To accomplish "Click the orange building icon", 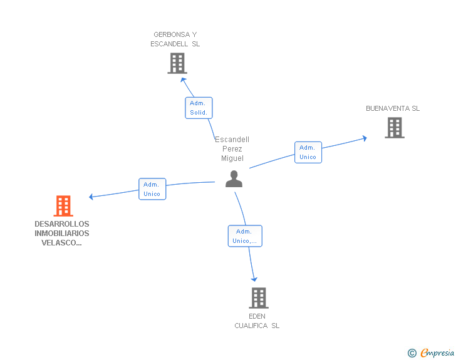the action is tap(63, 206).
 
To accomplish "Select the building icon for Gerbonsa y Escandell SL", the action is tap(177, 63).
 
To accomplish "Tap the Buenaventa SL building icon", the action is tap(395, 128).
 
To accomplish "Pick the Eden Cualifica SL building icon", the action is tap(259, 298).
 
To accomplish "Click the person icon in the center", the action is tap(234, 179).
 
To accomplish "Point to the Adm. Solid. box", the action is tap(199, 108).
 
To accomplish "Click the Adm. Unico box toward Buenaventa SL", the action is tap(308, 152).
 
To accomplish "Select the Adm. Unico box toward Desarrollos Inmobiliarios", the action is tap(152, 189).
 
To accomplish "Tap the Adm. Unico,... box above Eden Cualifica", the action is tap(245, 236).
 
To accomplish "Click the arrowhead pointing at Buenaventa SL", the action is tap(365, 138).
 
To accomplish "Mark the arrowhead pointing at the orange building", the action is tap(91, 197).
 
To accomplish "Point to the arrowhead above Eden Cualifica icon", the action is tap(254, 279).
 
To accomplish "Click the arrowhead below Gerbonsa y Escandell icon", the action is tap(183, 80).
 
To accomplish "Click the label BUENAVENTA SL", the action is tap(393, 108).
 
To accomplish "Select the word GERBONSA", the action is tap(172, 34).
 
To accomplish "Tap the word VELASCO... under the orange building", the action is tap(61, 243).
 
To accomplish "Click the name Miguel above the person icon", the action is tap(232, 158).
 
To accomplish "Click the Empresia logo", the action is tap(431, 352).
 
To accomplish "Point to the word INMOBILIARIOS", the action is tap(62, 234).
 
